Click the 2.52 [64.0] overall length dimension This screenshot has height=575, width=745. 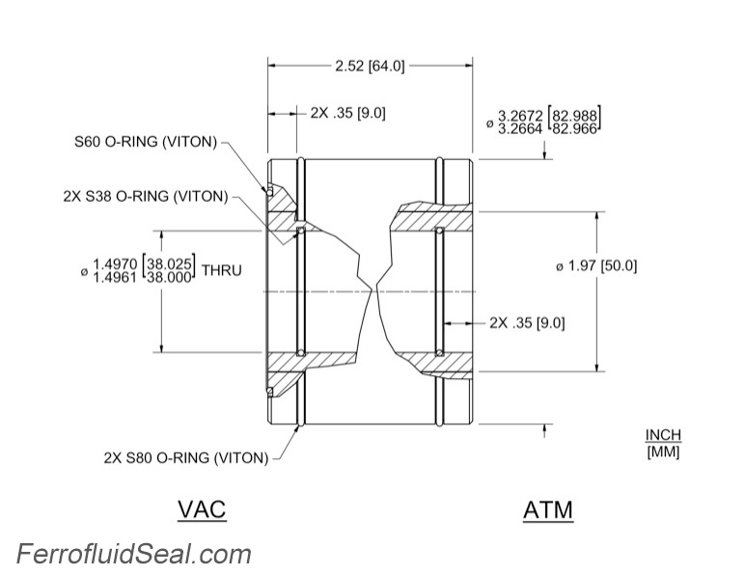click(x=370, y=67)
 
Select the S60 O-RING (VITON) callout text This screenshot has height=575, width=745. click(x=148, y=142)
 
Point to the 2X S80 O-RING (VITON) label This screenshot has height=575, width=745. click(x=185, y=458)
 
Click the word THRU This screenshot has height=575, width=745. click(x=221, y=270)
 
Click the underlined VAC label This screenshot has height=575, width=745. click(x=202, y=508)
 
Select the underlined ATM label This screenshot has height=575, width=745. click(x=547, y=509)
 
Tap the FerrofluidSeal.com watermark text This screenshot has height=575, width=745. click(x=133, y=555)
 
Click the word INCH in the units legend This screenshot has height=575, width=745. click(x=663, y=436)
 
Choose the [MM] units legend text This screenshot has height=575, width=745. click(x=663, y=452)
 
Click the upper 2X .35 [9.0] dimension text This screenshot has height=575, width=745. click(x=347, y=113)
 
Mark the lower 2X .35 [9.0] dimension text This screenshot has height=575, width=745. click(x=527, y=322)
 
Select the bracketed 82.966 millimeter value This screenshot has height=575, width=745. click(x=574, y=129)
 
